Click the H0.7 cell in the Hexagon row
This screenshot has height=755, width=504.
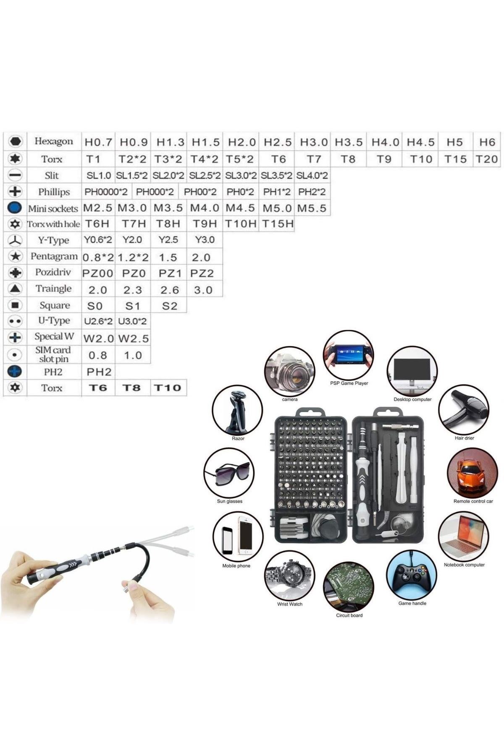[98, 142]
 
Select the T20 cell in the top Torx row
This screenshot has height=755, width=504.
[486, 159]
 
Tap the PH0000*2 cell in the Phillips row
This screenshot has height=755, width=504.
[106, 192]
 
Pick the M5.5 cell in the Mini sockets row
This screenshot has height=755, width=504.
[312, 208]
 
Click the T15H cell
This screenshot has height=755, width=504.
[278, 224]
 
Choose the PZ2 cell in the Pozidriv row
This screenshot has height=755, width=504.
[202, 273]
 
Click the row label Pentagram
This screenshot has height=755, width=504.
[54, 256]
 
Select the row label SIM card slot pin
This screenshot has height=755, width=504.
[53, 354]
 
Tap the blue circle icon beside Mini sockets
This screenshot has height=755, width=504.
[15, 208]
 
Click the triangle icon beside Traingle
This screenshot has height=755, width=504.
[15, 289]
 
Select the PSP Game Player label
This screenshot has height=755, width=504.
[349, 383]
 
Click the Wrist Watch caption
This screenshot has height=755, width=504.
[289, 604]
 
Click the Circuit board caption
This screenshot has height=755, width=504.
[349, 615]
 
